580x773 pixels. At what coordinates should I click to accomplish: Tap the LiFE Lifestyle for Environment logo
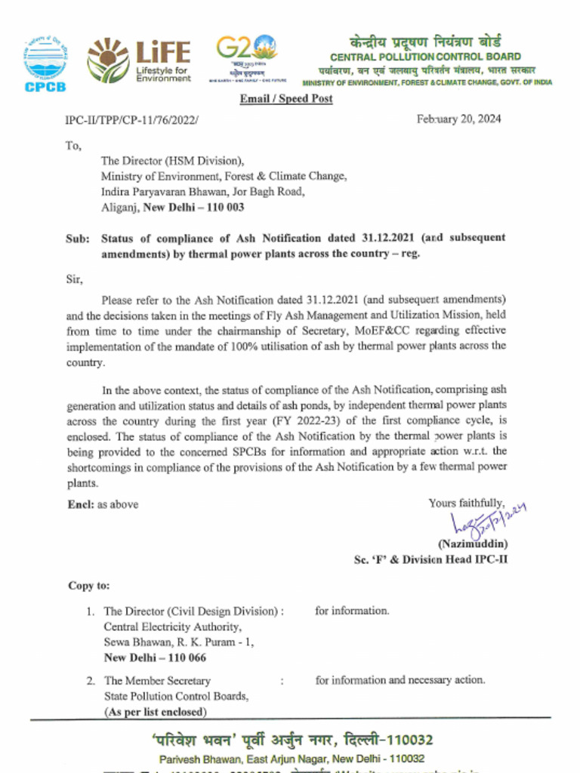point(139,60)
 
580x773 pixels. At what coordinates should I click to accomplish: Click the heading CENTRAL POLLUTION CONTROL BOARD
point(425,57)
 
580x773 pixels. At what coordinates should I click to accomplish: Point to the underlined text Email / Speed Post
point(285,99)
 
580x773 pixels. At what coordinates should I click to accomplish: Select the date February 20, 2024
point(458,119)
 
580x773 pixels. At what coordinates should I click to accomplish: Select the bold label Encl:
point(80,504)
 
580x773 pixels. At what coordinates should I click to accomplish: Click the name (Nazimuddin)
point(472,544)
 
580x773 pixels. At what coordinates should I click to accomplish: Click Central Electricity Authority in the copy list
point(173,627)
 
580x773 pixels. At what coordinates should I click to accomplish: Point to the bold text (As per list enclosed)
point(154,711)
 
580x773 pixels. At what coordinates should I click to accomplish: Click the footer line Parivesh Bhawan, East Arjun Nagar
point(291,759)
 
